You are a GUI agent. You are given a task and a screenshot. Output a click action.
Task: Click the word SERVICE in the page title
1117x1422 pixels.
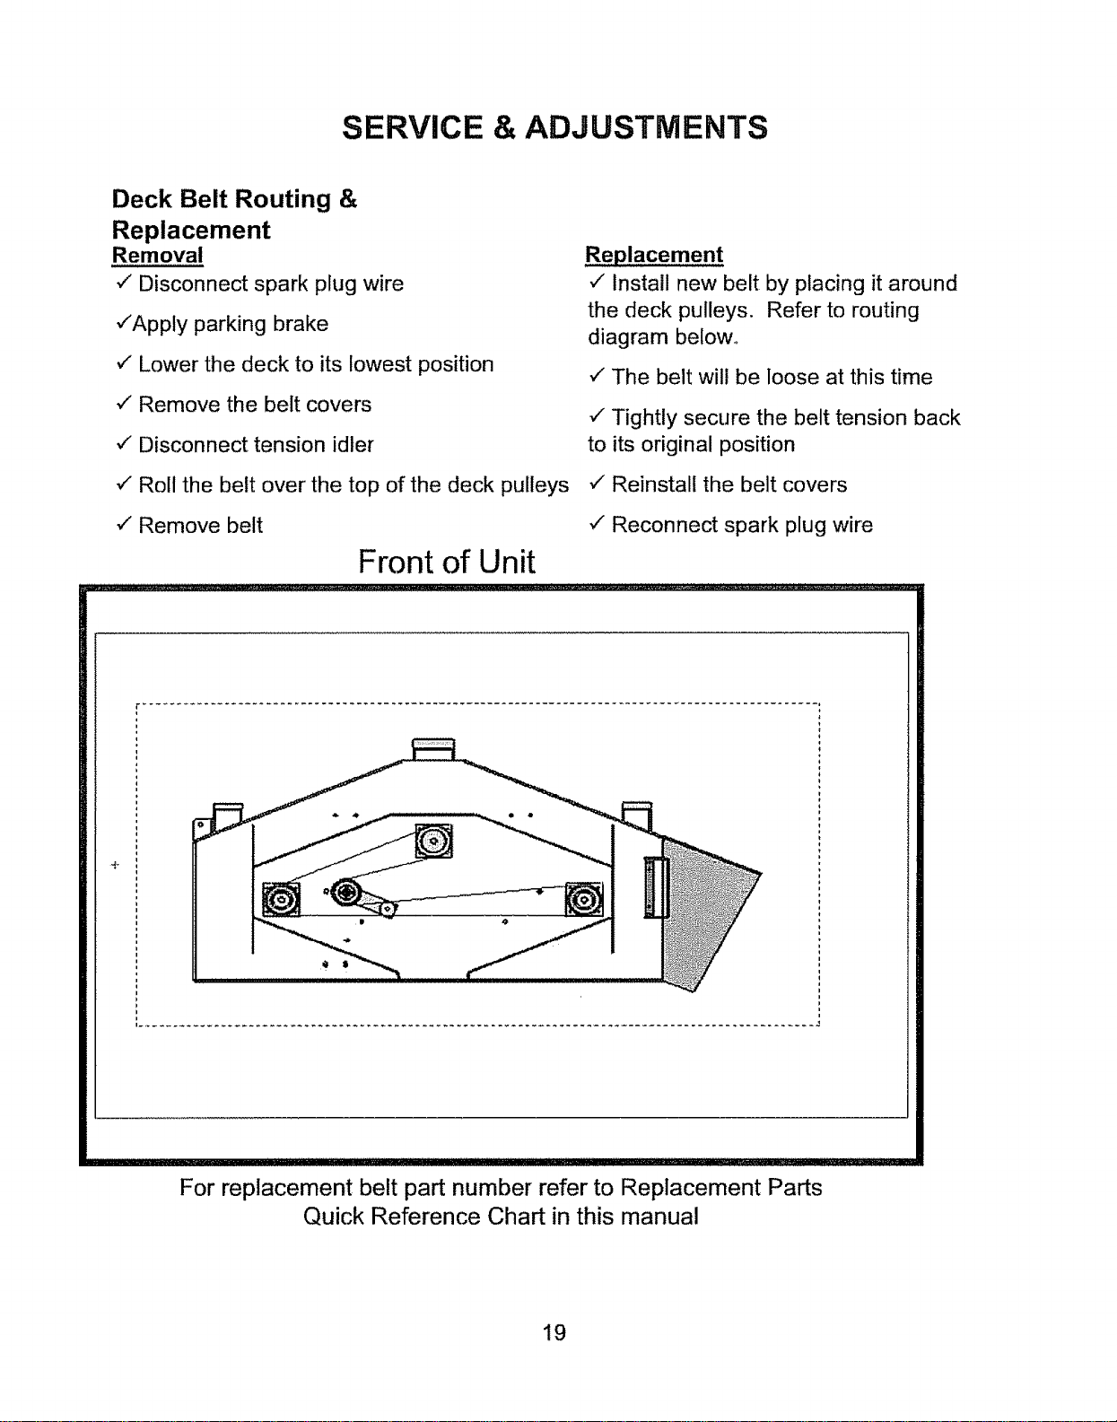[x=412, y=127]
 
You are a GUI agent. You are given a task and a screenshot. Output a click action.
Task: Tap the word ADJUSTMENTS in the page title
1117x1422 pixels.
[x=647, y=127]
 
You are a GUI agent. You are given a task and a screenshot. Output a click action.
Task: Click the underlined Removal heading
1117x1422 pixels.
[x=158, y=255]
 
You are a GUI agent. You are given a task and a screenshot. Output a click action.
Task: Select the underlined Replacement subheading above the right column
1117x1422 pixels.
[x=654, y=255]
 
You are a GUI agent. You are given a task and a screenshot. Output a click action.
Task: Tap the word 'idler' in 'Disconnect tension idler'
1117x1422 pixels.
[x=353, y=444]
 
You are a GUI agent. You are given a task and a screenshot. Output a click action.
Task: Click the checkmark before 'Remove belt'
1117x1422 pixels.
[x=125, y=524]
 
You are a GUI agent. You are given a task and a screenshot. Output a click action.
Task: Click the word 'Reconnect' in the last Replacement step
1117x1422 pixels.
[x=659, y=524]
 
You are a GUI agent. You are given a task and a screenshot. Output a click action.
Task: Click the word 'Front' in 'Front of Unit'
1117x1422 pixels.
[x=396, y=562]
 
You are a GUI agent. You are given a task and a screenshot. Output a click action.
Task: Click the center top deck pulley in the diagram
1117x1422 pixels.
[x=433, y=841]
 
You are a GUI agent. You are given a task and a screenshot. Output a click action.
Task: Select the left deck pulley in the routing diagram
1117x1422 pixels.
[x=282, y=900]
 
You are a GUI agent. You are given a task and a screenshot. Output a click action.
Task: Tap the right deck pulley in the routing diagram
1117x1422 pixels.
[x=584, y=899]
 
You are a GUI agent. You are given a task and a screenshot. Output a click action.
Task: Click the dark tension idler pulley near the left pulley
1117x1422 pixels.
[x=346, y=892]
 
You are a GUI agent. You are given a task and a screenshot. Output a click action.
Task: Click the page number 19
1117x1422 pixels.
[x=554, y=1332]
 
